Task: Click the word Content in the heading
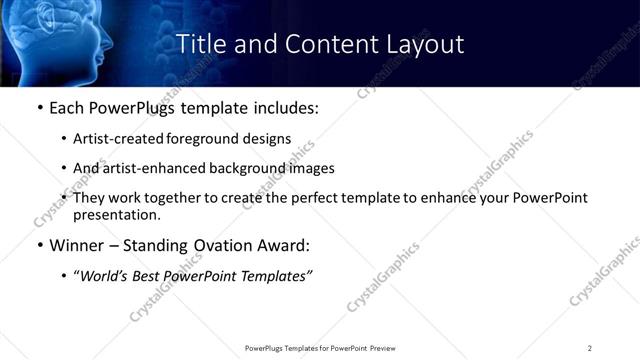tap(315, 44)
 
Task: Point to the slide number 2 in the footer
tap(590, 348)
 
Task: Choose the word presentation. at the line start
tap(117, 214)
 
